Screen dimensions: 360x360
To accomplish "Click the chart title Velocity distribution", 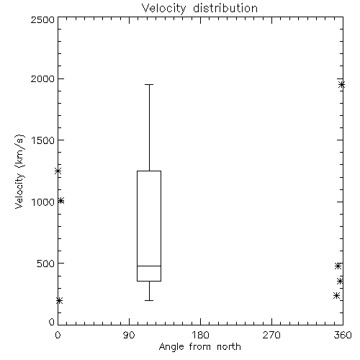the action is coord(199,8).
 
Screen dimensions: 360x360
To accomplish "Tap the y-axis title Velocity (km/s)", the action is coord(19,171).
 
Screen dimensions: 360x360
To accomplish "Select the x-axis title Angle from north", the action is coord(200,346).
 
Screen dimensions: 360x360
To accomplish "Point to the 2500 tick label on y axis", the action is coord(42,19).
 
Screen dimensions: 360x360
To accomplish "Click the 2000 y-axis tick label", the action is coord(42,78).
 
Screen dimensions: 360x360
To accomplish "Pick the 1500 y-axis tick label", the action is coord(43,140).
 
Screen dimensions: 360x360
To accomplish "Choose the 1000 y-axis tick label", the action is coord(43,202).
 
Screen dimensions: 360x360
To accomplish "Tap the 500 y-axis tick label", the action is coord(46,264).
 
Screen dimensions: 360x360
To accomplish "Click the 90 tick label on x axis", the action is coord(129,335).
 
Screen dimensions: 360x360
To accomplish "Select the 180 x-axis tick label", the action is coord(200,335).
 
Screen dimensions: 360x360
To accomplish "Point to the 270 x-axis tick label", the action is coord(271,335).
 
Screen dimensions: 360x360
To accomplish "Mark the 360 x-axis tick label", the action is coord(343,335).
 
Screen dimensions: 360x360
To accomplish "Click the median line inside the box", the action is coord(149,266).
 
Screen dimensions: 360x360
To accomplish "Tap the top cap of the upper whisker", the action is coord(149,84).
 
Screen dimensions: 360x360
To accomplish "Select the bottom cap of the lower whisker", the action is coord(149,300).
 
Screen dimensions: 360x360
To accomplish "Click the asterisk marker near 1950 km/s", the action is coord(341,84).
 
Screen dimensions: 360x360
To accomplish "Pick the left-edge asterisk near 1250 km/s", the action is coord(58,171).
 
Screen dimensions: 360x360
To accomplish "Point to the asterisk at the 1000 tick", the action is coord(61,201).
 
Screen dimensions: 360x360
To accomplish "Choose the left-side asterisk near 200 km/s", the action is coord(59,300).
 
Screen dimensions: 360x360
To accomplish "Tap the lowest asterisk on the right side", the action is coord(336,295).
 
